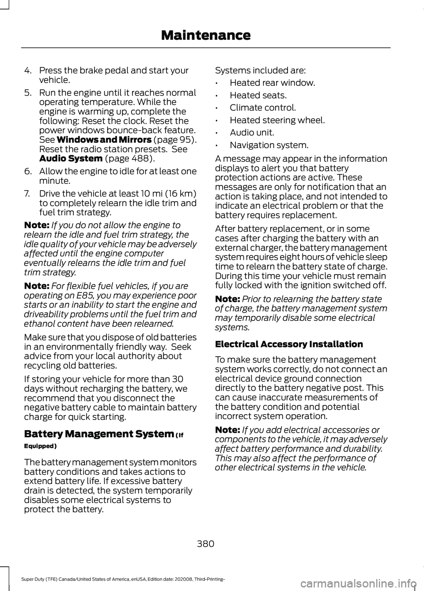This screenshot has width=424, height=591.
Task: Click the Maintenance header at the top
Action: click(x=206, y=35)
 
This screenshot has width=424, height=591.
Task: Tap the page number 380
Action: click(x=205, y=544)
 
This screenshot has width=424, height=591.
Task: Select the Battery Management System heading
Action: click(x=99, y=434)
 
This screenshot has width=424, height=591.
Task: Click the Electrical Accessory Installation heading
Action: click(x=289, y=344)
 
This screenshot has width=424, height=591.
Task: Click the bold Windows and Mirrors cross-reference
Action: click(x=104, y=140)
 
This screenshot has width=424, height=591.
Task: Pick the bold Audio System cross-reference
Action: click(x=71, y=158)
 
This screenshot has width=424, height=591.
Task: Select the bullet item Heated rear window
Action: click(x=272, y=83)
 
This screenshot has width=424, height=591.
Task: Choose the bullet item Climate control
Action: click(x=263, y=107)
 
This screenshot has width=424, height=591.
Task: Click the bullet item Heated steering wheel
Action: click(x=277, y=120)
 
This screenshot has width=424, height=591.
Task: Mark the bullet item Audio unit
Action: click(x=252, y=132)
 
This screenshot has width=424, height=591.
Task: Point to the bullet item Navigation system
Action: click(x=269, y=145)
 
